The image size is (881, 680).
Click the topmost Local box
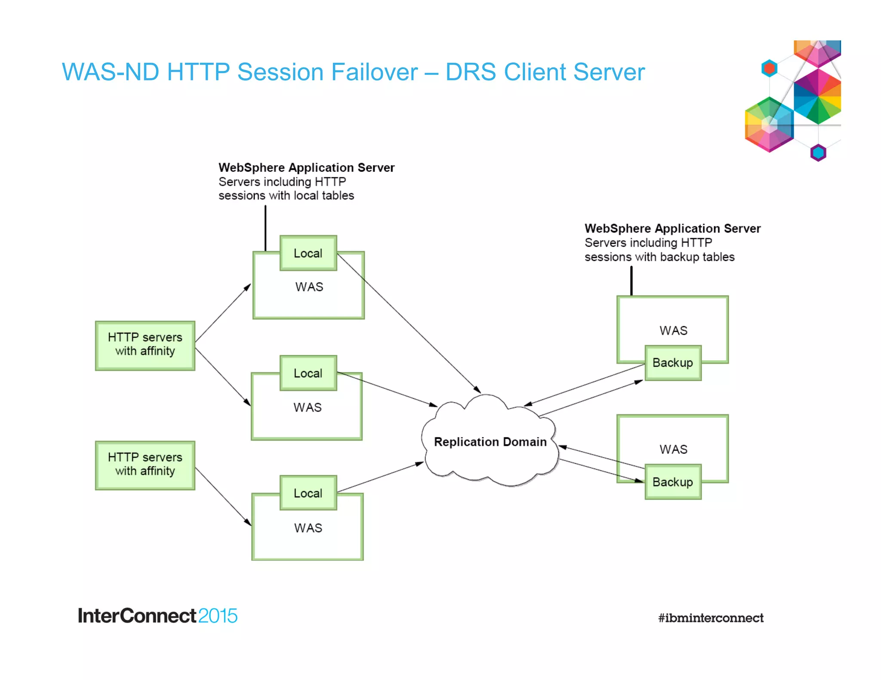tap(308, 253)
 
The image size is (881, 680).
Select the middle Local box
tap(308, 373)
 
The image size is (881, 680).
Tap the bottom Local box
tap(308, 493)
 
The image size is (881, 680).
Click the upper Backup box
tap(673, 363)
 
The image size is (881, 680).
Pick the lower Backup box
tap(673, 482)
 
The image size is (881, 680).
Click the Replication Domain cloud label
tap(490, 442)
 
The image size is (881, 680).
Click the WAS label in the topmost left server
tap(309, 287)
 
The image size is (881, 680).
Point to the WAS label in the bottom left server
tap(308, 528)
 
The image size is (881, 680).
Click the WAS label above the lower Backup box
tap(673, 449)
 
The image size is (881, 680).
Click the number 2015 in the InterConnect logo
tap(218, 616)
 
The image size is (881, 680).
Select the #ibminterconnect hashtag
tap(711, 618)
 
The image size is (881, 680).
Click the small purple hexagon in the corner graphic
tap(818, 153)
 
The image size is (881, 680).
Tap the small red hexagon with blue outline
tap(769, 68)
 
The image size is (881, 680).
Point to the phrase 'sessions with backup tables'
tap(659, 257)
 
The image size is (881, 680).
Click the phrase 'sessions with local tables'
tap(286, 196)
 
